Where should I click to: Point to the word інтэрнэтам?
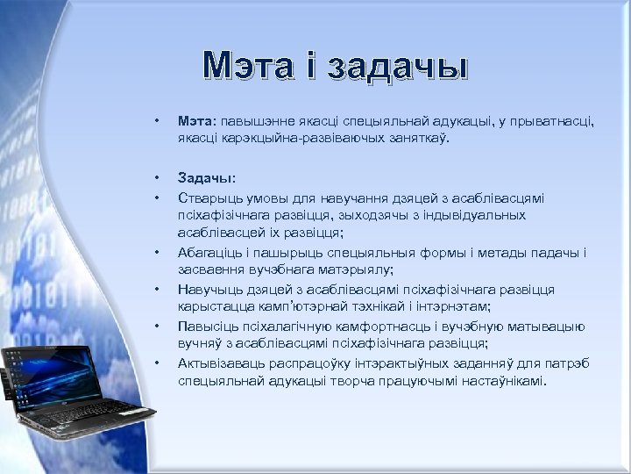tap(455, 306)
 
